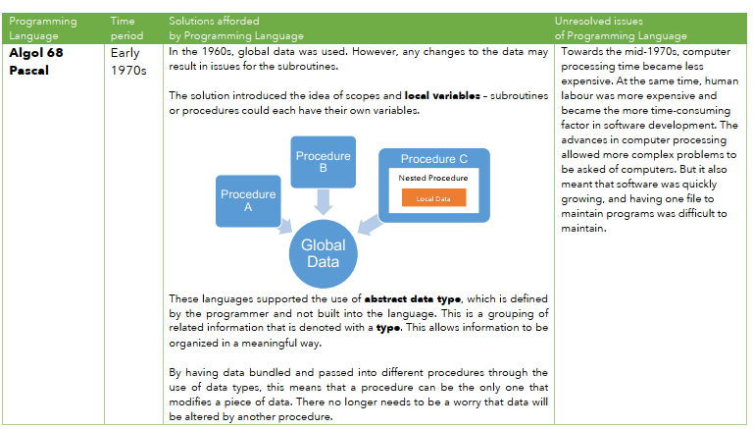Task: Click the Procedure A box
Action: click(248, 200)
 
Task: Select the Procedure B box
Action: click(324, 161)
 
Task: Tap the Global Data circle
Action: click(323, 253)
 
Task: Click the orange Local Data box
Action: click(432, 198)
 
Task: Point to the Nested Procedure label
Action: click(432, 178)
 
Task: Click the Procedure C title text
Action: click(433, 159)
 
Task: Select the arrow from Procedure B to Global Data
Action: click(324, 202)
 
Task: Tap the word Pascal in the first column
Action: click(30, 69)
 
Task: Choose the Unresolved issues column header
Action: click(620, 27)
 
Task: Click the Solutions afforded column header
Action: click(235, 27)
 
